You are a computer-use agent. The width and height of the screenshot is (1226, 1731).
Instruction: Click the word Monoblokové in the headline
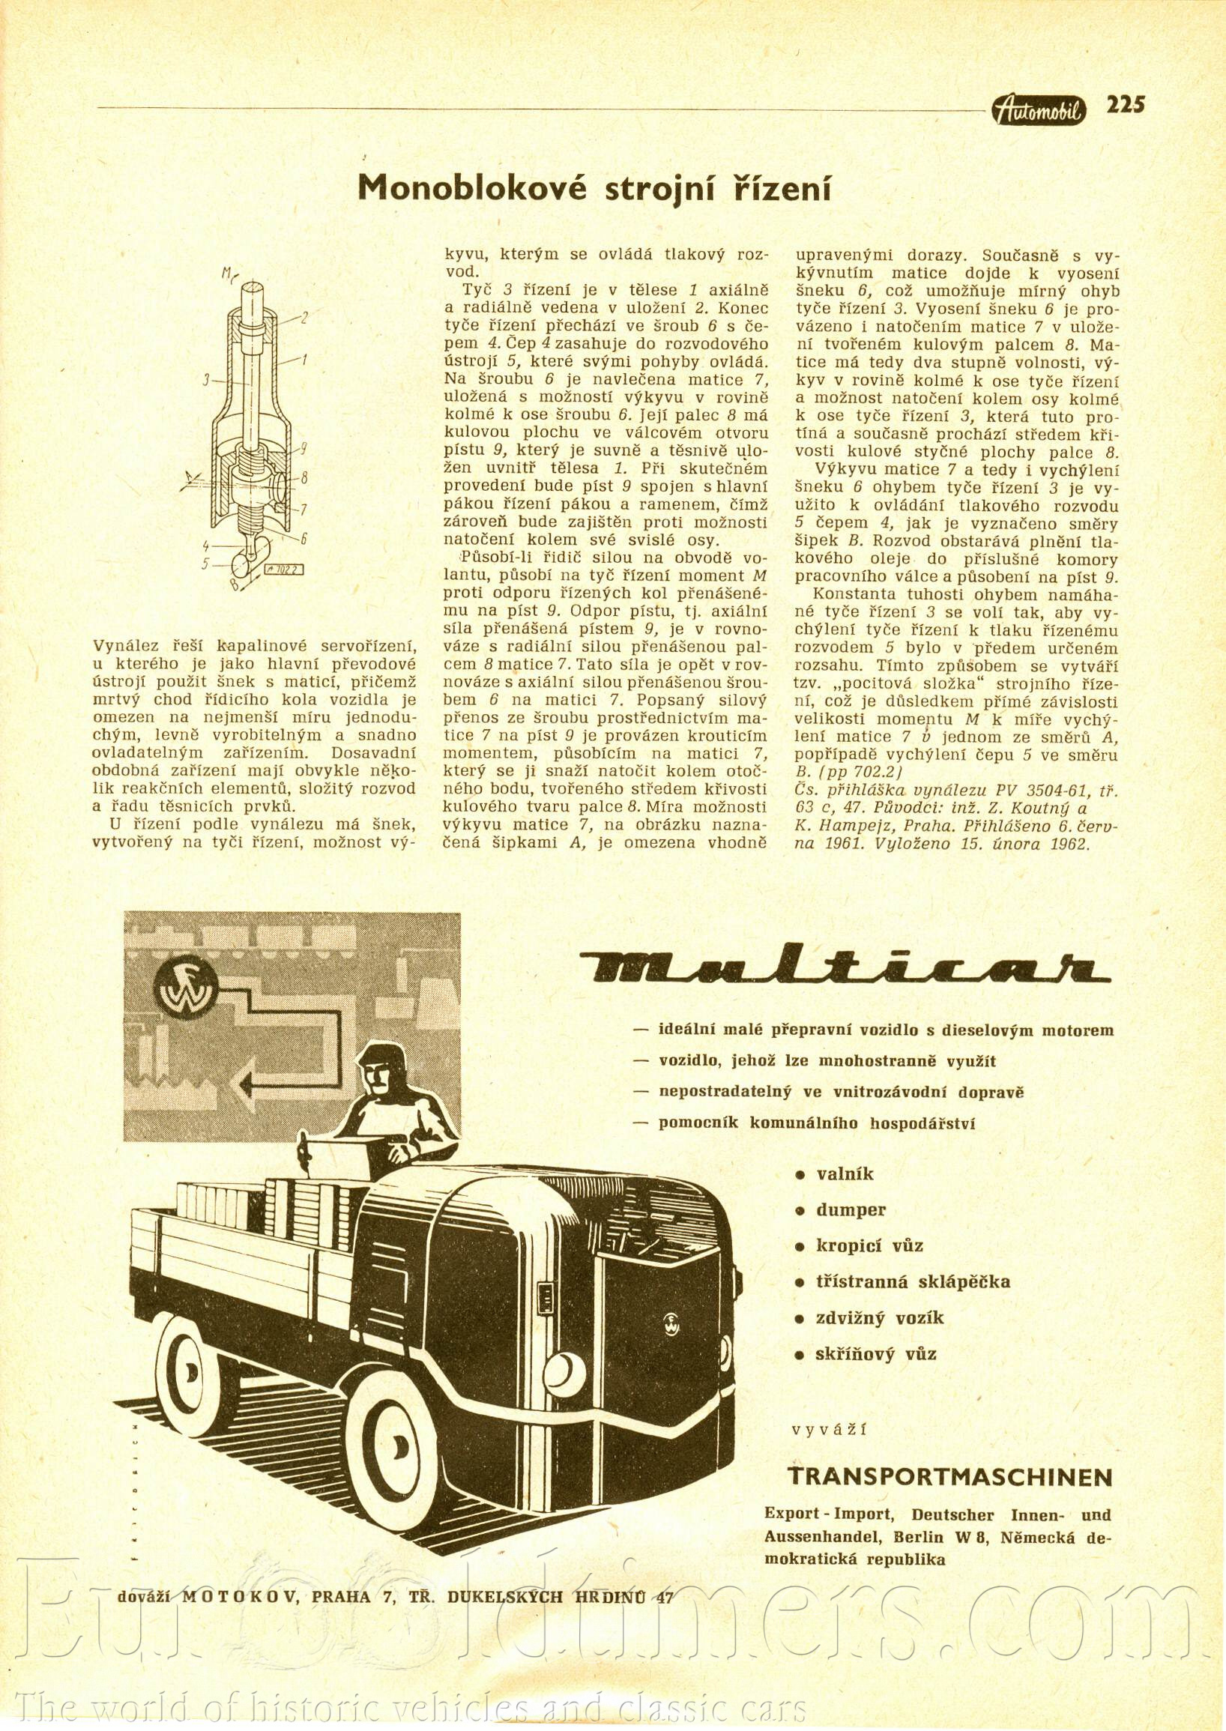pyautogui.click(x=477, y=190)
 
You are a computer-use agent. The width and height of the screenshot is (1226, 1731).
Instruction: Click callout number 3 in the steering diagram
pyautogui.click(x=205, y=382)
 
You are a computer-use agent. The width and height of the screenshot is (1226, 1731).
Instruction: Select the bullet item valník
pyautogui.click(x=844, y=1174)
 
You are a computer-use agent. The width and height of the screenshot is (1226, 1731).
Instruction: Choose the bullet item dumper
pyautogui.click(x=850, y=1209)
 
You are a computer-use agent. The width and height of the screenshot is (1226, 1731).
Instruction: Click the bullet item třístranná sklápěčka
pyautogui.click(x=912, y=1281)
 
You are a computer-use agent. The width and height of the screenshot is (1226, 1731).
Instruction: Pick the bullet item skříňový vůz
pyautogui.click(x=876, y=1353)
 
